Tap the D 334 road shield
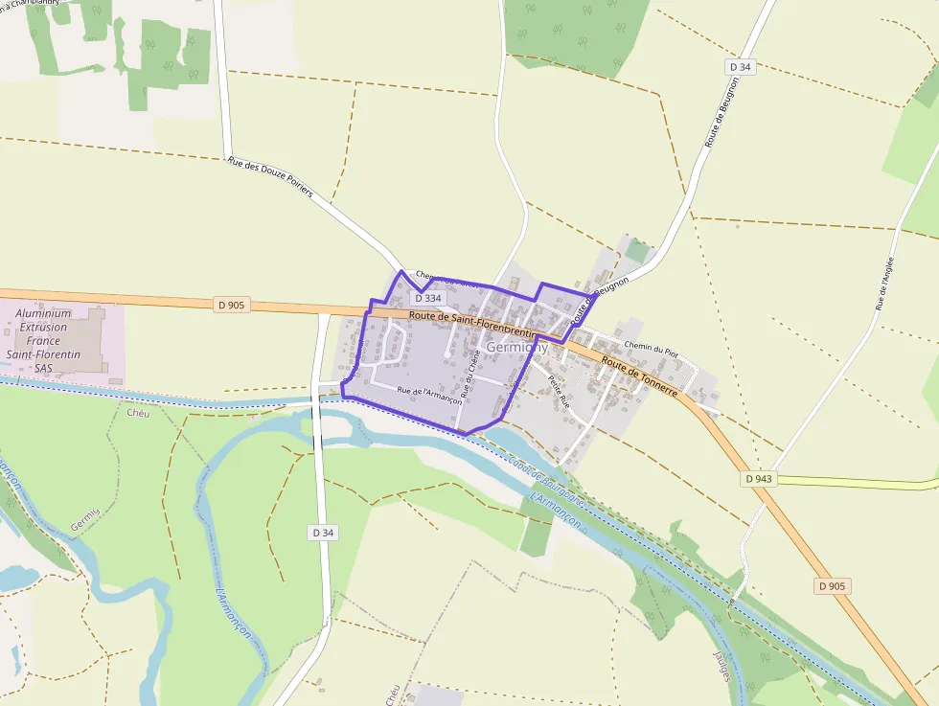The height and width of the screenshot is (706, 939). tap(428, 298)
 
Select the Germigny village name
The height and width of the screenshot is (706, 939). tap(516, 347)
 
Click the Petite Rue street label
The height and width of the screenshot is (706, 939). tap(559, 391)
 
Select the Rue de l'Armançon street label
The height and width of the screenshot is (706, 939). tap(429, 396)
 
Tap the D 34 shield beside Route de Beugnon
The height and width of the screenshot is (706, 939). tap(739, 67)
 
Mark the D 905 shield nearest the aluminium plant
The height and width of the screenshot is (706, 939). tap(232, 306)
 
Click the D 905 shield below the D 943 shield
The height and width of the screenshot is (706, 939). tap(833, 585)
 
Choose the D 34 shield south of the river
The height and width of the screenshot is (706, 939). tap(323, 532)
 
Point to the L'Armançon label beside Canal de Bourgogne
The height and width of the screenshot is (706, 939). tap(555, 508)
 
